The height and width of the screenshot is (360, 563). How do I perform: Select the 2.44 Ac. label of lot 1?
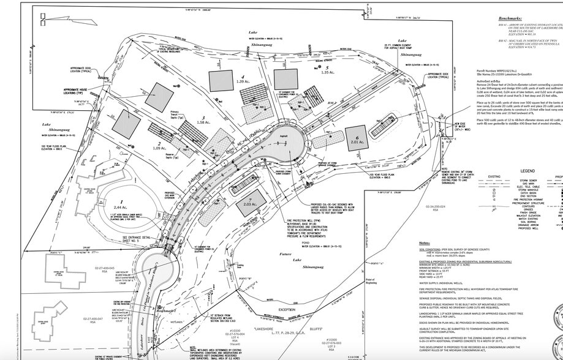pos(121,208)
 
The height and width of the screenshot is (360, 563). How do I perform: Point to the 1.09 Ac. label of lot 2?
pos(159,148)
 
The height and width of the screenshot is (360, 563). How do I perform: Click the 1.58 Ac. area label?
pos(200,122)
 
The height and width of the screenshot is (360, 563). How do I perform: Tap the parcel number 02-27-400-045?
pos(105,268)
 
